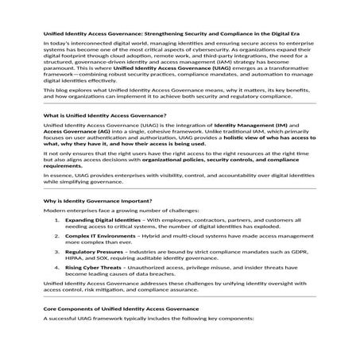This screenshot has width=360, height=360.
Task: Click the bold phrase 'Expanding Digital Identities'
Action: (x=103, y=219)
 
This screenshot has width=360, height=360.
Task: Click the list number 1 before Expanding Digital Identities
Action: (x=56, y=219)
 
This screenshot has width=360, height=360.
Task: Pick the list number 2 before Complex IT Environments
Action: (x=56, y=236)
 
